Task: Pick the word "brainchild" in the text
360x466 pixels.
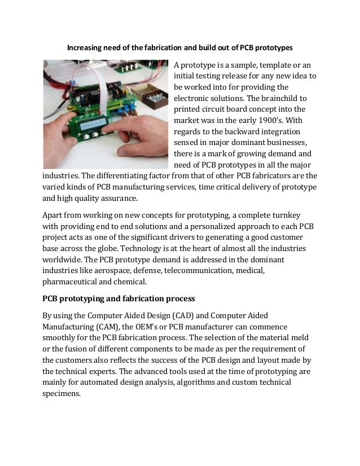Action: click(x=275, y=97)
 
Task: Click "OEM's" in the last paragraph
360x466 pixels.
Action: click(x=165, y=327)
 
